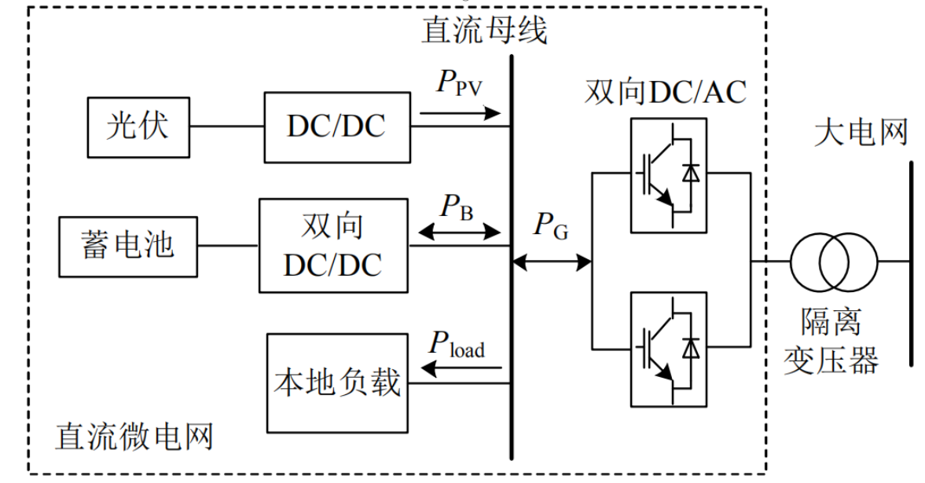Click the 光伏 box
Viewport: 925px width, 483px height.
click(x=138, y=126)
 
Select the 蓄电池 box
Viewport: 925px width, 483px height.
click(x=127, y=246)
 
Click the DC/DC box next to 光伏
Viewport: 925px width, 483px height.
click(x=336, y=126)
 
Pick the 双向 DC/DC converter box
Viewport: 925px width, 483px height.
click(x=333, y=245)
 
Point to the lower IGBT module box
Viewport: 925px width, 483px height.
click(x=668, y=347)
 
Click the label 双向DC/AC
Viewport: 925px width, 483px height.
click(x=665, y=93)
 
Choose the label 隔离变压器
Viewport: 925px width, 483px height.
click(x=831, y=341)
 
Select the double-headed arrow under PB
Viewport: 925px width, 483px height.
click(x=461, y=232)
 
